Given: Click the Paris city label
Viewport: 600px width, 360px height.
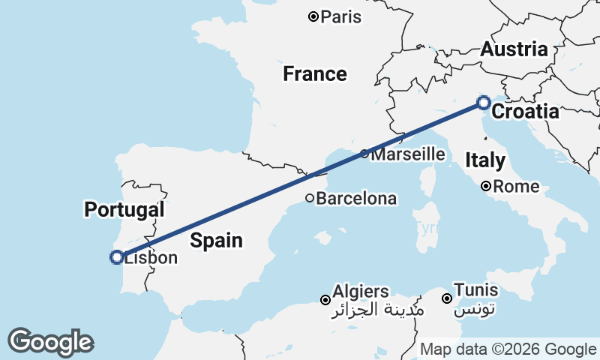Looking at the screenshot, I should coord(340,16).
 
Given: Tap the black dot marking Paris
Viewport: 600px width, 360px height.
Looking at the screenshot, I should coord(314,16).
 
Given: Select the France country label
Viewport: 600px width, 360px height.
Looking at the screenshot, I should coord(314,73).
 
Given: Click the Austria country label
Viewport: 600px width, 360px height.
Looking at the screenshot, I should coord(514,50).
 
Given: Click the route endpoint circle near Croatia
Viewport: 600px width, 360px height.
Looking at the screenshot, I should coord(484,103).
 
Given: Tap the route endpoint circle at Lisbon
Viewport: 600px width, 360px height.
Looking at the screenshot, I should coord(117,257).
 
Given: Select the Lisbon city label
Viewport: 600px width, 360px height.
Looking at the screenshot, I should coord(151,258).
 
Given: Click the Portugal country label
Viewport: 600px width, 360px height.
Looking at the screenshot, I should coord(124,209).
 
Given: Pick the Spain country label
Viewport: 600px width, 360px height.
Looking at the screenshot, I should coord(216,240).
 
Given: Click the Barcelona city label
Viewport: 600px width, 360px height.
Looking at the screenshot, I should coord(355,199).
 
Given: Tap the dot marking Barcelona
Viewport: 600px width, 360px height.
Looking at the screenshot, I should coord(309,198).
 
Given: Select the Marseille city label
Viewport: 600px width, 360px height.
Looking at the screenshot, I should coord(409,154).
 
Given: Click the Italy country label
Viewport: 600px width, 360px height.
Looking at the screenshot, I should coord(484,159).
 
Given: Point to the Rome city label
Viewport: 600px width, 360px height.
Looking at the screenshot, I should coord(517,186).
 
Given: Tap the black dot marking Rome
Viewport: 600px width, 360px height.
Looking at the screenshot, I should coord(486,186).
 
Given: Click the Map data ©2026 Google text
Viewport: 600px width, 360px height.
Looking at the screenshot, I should coord(508,349).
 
